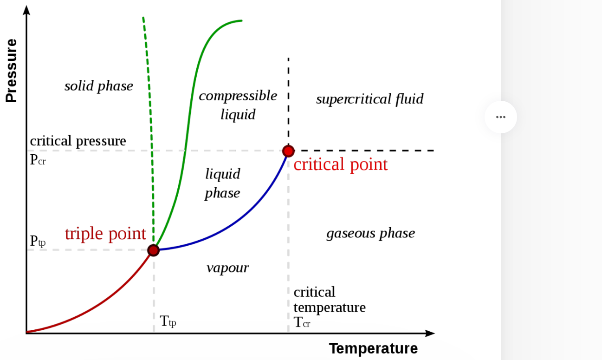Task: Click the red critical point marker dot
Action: (x=288, y=151)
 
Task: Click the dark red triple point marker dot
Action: (x=154, y=250)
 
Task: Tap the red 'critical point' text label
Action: (x=340, y=164)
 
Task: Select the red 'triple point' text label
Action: (x=105, y=234)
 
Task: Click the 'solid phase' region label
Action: (x=99, y=86)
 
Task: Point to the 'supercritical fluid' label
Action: (x=369, y=99)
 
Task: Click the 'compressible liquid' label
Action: (x=238, y=105)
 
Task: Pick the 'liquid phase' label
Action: (x=223, y=183)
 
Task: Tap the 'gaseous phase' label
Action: (x=370, y=233)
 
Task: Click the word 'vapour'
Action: (x=227, y=268)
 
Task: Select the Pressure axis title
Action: (x=11, y=71)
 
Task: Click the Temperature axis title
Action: (x=373, y=348)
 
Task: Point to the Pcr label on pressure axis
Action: (x=38, y=160)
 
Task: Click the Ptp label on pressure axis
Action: (x=38, y=241)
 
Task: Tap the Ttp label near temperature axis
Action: (x=168, y=321)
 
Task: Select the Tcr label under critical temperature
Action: (x=302, y=322)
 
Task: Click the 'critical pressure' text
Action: (x=78, y=141)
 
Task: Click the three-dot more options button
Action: (x=500, y=117)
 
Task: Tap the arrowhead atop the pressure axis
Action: (x=26, y=9)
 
